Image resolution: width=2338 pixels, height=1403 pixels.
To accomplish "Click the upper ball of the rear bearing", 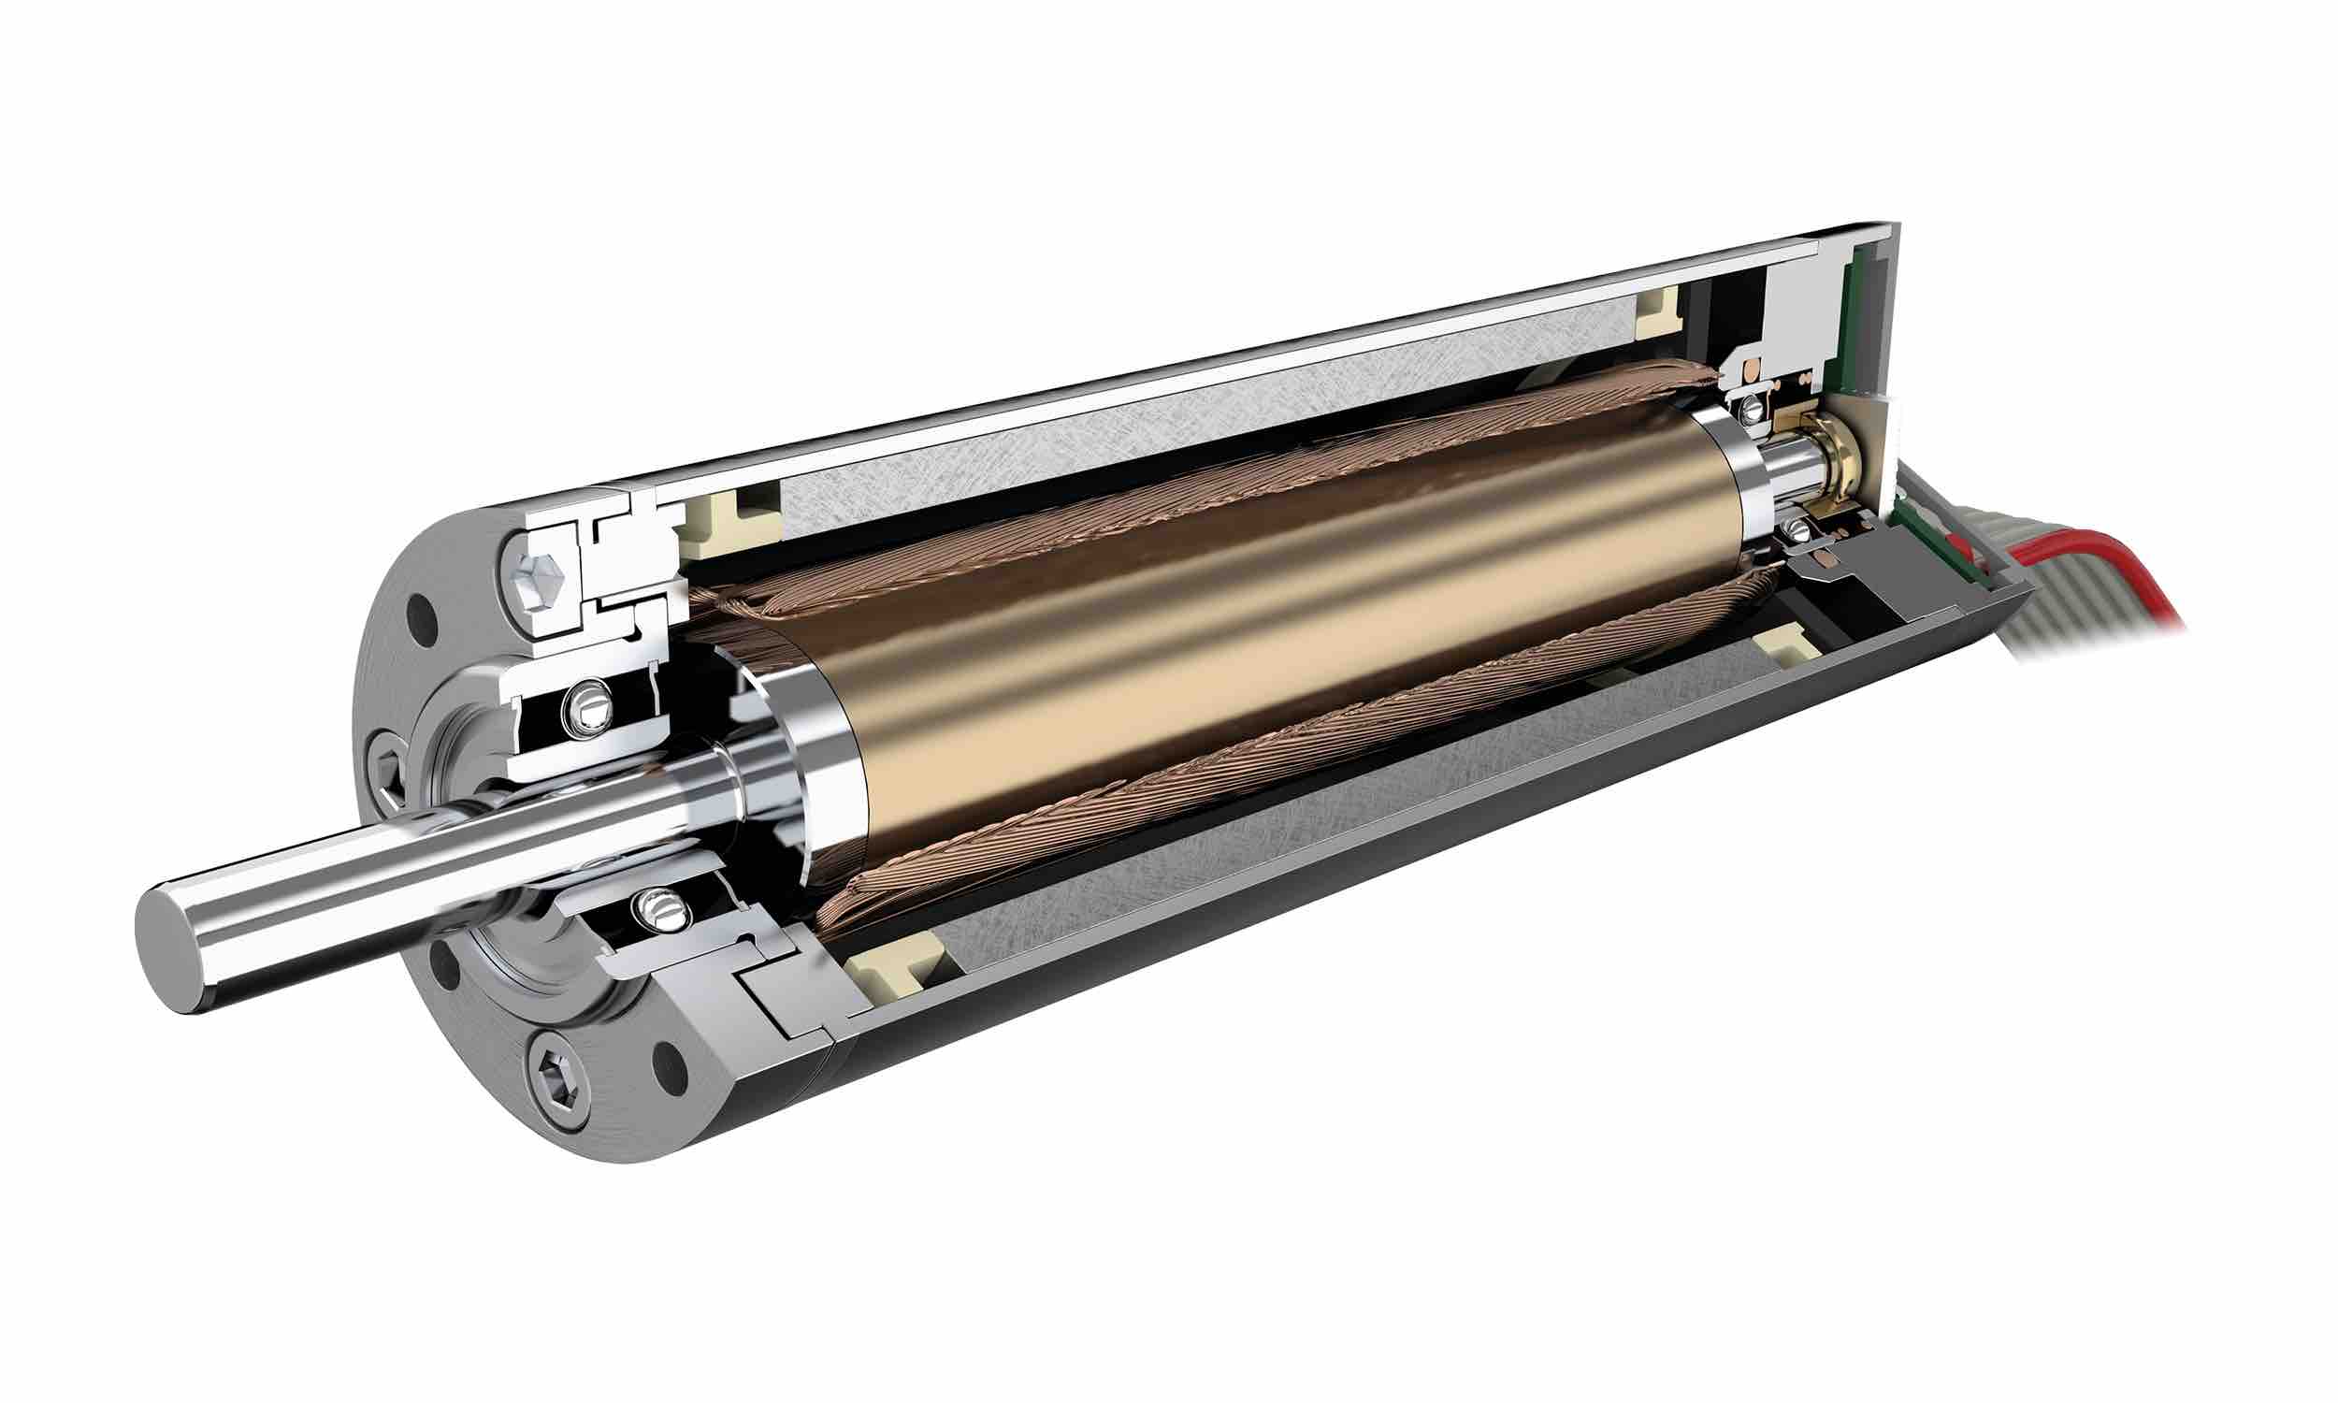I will click(1752, 409).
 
